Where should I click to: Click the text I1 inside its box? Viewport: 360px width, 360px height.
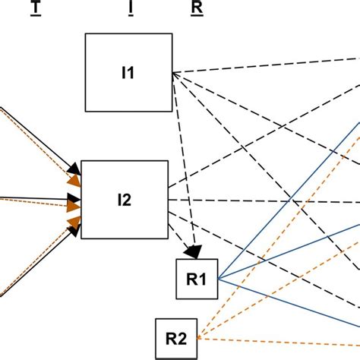[128, 74]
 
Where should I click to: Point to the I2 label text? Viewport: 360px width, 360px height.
[124, 200]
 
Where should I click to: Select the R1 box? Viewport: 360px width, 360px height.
[197, 279]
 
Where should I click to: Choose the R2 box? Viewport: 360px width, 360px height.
[176, 338]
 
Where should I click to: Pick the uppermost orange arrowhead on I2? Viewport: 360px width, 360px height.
[73, 182]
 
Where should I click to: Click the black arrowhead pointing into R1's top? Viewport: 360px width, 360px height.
[194, 251]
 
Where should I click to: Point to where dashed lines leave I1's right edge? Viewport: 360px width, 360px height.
[174, 73]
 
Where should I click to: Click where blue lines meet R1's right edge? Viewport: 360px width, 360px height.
[218, 279]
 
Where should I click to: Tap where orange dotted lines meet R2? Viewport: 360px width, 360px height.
[198, 338]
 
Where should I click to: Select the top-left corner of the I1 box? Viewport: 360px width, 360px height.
[85, 34]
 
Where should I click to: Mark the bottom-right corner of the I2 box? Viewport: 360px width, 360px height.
[167, 239]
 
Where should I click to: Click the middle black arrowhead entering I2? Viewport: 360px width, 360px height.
[75, 203]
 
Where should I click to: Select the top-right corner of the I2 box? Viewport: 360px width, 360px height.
[167, 161]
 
